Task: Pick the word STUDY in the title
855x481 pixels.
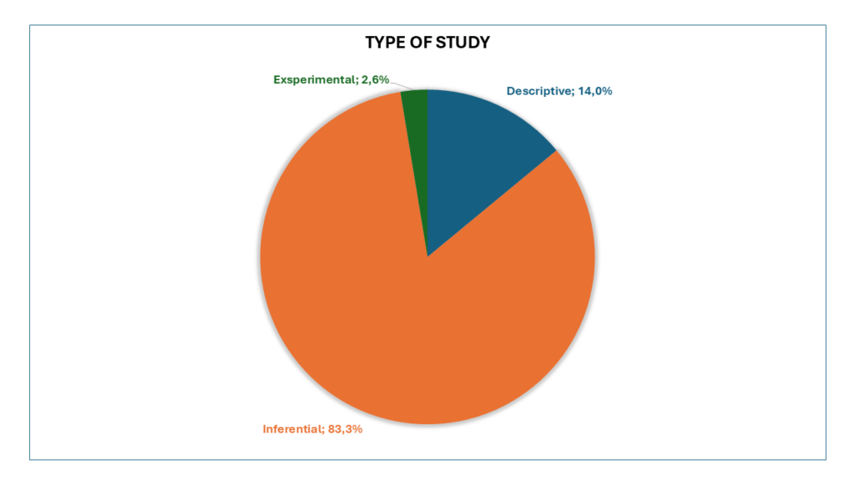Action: coord(467,43)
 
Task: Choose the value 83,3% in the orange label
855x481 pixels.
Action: coord(346,430)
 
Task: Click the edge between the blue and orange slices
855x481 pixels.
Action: coord(493,203)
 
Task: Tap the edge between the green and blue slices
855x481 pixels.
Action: coord(427,167)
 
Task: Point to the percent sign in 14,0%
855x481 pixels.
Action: coord(607,91)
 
